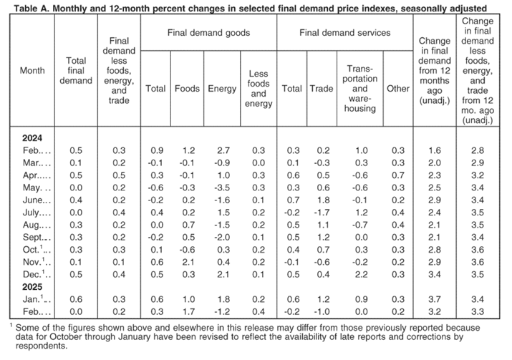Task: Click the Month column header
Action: click(x=32, y=71)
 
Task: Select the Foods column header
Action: click(x=187, y=89)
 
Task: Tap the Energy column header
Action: click(x=222, y=89)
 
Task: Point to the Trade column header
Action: click(x=322, y=89)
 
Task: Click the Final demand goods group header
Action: click(x=208, y=33)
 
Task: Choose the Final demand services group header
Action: click(x=345, y=33)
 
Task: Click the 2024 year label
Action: click(x=32, y=138)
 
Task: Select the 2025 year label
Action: click(x=32, y=287)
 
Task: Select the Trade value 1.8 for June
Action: click(x=323, y=200)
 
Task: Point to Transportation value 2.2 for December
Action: click(x=361, y=275)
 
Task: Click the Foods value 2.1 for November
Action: click(x=188, y=262)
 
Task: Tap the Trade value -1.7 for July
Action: click(x=322, y=213)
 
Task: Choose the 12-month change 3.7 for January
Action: click(x=434, y=299)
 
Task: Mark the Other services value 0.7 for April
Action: click(x=398, y=175)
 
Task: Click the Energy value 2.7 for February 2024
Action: click(x=223, y=150)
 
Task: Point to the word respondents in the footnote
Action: click(x=41, y=346)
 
